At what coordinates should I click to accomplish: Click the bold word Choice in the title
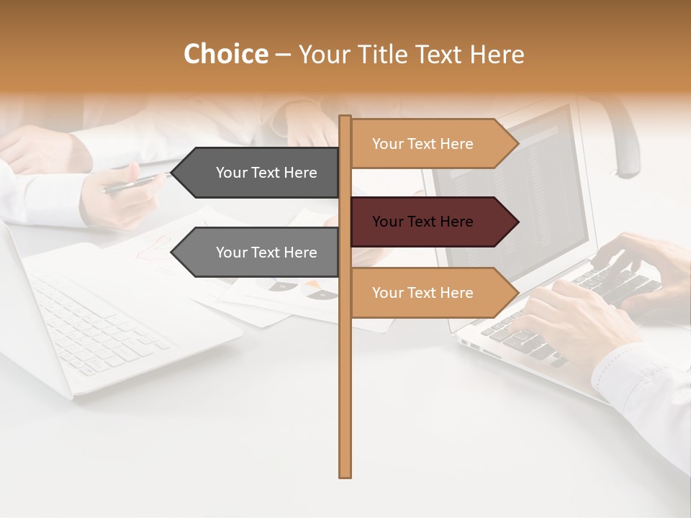tap(225, 54)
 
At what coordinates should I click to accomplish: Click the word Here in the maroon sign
tap(456, 222)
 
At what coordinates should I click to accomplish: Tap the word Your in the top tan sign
tap(388, 144)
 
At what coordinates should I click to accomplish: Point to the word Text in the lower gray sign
tap(266, 253)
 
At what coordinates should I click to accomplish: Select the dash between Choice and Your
tap(283, 55)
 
